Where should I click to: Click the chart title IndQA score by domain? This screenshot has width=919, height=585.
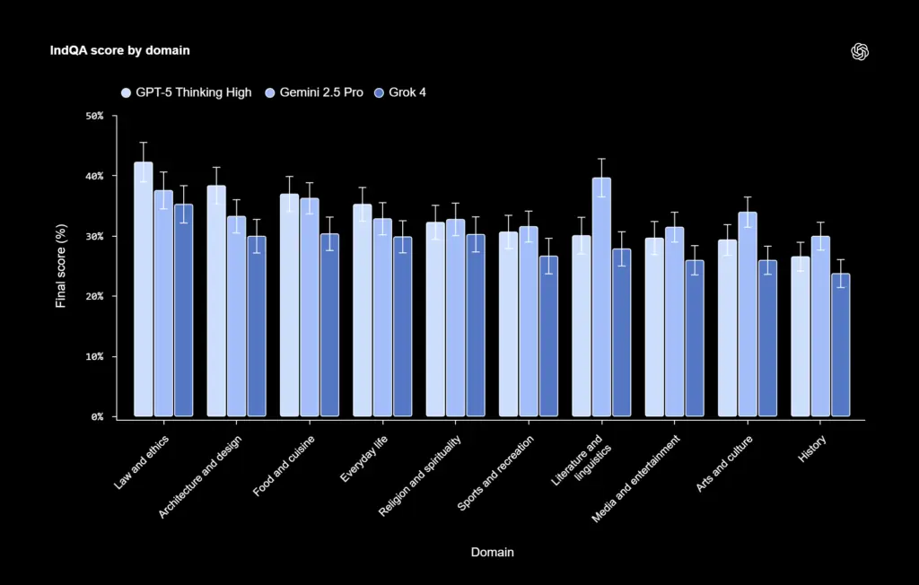[x=119, y=50]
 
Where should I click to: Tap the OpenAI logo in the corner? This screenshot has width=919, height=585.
[x=860, y=51]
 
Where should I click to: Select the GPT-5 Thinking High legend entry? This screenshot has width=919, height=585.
[x=187, y=92]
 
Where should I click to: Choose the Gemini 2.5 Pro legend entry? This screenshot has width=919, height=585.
[x=314, y=92]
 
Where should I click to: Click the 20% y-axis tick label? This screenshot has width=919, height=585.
[x=94, y=297]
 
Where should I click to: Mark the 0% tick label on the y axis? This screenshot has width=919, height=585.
[x=97, y=417]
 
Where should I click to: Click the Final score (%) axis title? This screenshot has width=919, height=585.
[x=61, y=266]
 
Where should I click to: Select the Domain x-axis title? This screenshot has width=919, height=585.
[x=493, y=552]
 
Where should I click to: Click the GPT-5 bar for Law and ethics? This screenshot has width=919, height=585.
[x=144, y=289]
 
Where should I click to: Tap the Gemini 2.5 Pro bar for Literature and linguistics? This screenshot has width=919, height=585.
[x=601, y=297]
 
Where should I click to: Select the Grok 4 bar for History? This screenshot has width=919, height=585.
[x=840, y=345]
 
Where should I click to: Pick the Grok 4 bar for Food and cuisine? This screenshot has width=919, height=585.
[x=329, y=326]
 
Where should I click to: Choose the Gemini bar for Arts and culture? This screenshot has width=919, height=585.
[x=748, y=314]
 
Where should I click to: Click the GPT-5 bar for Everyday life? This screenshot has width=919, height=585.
[x=363, y=310]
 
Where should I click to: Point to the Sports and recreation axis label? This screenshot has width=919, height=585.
[x=495, y=473]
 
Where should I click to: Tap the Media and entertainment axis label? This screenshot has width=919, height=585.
[x=636, y=478]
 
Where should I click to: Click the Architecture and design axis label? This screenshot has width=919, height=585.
[x=200, y=477]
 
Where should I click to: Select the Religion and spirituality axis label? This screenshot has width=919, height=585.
[x=420, y=476]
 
